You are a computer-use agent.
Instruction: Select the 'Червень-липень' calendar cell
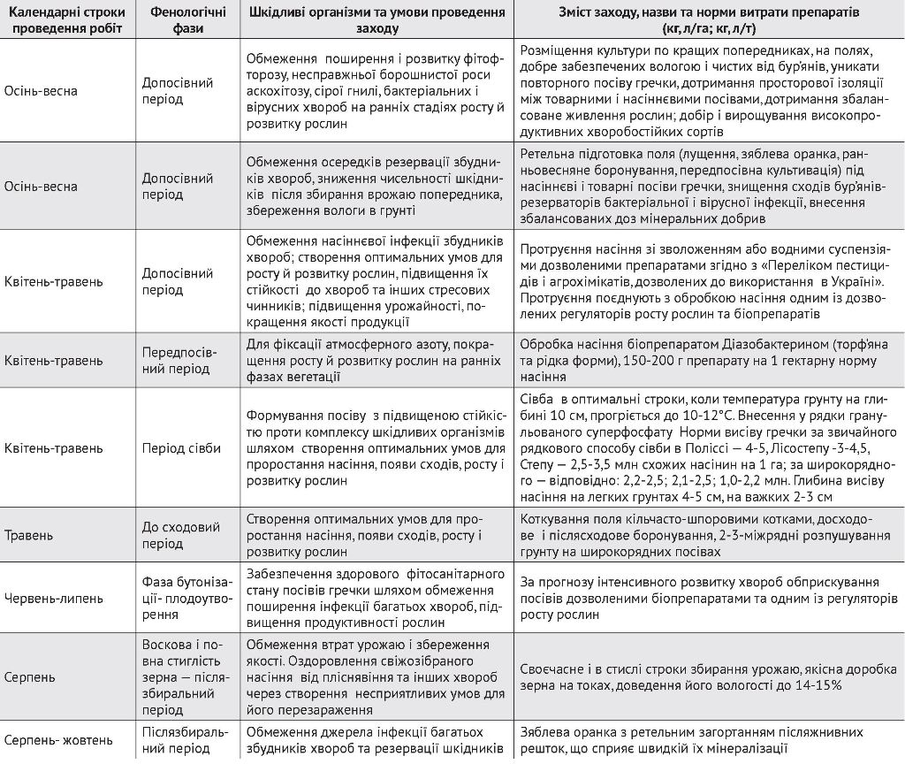point(54,598)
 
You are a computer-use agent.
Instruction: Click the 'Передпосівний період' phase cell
point(178,361)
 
